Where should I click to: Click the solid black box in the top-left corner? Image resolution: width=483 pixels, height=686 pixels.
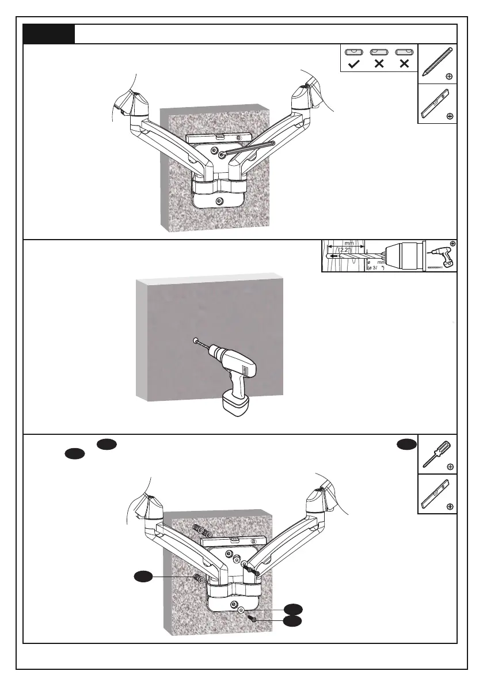[49, 34]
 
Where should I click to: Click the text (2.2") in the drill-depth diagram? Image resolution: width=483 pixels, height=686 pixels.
[345, 251]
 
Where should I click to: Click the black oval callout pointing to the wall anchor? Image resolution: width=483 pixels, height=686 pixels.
[143, 576]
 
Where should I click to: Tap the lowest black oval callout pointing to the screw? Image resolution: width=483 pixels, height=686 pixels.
[293, 621]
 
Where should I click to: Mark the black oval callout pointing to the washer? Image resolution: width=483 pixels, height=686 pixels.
[293, 608]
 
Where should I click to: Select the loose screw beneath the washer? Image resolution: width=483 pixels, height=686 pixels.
[254, 620]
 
